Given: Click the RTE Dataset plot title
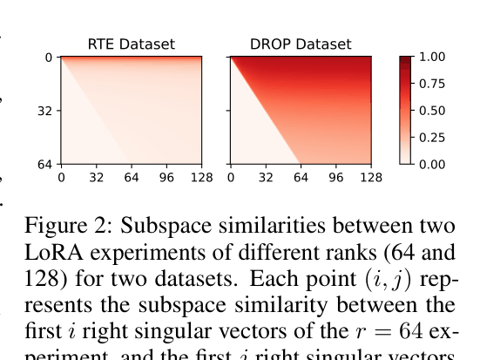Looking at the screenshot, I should pos(131,44).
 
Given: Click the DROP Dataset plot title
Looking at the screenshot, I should pos(301,44).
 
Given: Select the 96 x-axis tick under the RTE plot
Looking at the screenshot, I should pos(167,178).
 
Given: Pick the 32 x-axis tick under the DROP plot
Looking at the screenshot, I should pos(266,178).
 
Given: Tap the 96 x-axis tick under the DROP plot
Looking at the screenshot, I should pos(336,178).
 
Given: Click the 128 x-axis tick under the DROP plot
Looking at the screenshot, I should pos(371,178).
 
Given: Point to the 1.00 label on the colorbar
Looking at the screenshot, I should pos(431,57).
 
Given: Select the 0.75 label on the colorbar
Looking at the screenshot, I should pos(431,84).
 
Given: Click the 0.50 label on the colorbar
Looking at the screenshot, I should pos(431,111).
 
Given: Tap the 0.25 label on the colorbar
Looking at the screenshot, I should pos(431,137).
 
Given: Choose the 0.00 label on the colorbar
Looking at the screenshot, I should pos(431,164).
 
